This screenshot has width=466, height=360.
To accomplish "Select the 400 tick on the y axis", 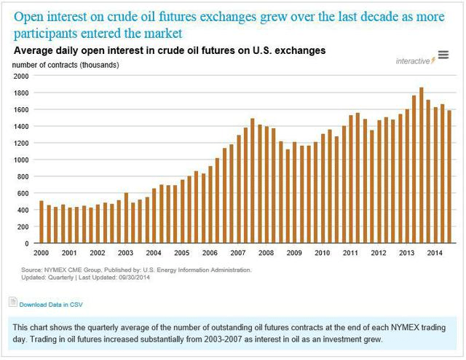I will click(x=22, y=210).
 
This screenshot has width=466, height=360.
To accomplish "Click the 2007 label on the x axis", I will click(x=237, y=253).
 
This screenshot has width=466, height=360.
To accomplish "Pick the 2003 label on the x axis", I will click(x=125, y=253).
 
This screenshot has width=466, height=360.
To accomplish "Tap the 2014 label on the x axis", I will click(x=434, y=253).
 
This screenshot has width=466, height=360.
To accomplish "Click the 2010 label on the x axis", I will click(x=322, y=253).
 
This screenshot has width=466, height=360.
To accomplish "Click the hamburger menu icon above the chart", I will click(x=443, y=56).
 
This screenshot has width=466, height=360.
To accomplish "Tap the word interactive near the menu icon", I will click(x=412, y=60).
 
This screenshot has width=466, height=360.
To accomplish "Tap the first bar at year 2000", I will click(x=42, y=222).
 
